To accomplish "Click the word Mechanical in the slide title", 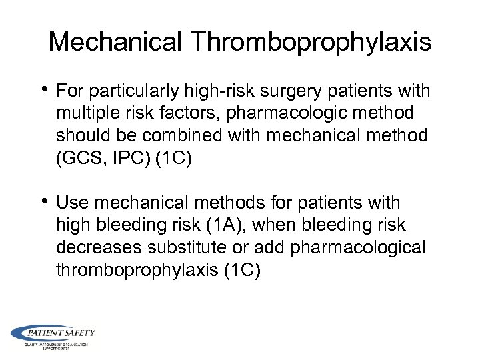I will [115, 43].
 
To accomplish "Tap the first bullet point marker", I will [45, 90].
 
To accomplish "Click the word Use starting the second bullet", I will [70, 203].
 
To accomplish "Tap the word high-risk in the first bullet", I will [209, 91].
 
